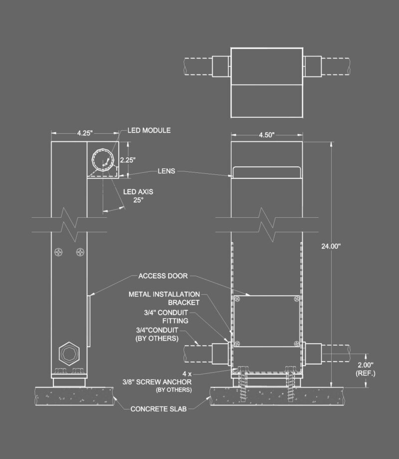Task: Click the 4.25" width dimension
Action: [x=85, y=133]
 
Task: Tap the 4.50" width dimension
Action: [x=267, y=135]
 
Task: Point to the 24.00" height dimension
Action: [x=331, y=246]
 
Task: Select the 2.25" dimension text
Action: [x=128, y=160]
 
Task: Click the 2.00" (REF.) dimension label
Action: [x=366, y=369]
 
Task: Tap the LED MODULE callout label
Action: [x=149, y=130]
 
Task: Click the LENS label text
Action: [x=166, y=171]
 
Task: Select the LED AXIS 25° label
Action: [x=138, y=196]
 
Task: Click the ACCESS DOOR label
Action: [x=163, y=276]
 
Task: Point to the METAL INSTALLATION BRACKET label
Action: [x=164, y=298]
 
